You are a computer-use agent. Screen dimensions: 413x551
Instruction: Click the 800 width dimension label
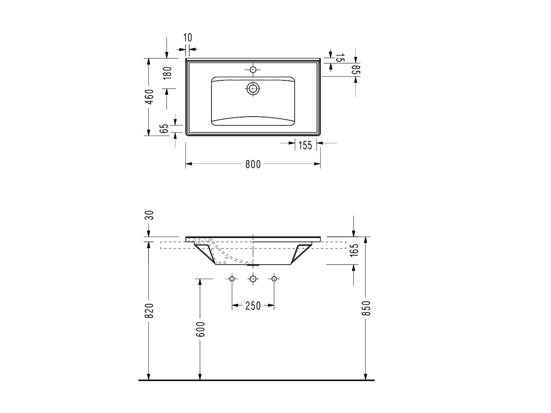[253, 164]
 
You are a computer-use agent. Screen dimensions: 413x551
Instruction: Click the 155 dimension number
[305, 145]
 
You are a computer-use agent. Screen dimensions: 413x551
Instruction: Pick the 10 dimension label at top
[188, 38]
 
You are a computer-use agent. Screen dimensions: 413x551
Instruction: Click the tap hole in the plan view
[253, 70]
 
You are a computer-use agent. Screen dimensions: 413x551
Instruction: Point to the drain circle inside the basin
[253, 88]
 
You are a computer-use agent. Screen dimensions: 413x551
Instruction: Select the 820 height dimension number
[150, 311]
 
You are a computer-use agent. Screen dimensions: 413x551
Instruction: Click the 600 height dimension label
[200, 329]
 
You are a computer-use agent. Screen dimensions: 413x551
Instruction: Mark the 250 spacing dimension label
[253, 306]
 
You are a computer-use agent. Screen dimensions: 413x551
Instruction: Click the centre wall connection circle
[253, 279]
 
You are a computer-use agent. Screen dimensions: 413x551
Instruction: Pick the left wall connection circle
[232, 279]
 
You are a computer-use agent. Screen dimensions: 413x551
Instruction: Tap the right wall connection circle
[274, 279]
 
